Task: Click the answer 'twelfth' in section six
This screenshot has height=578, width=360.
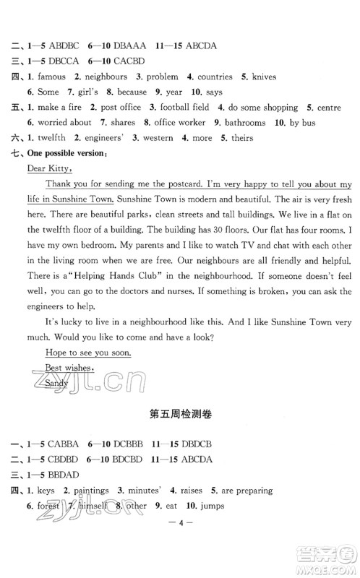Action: click(x=50, y=138)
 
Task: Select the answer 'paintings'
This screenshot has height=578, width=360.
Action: click(x=90, y=491)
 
